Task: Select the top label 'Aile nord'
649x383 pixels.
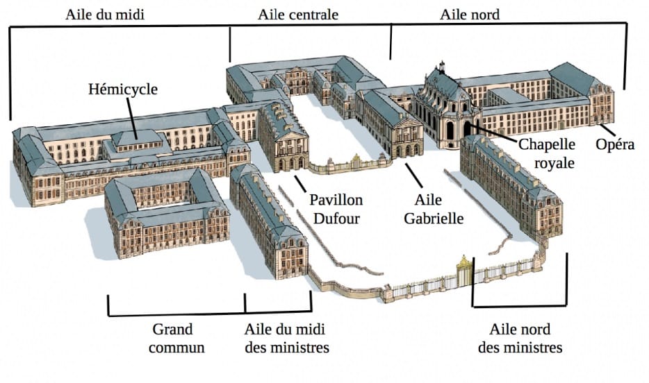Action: click(470, 15)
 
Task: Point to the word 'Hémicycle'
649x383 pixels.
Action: click(123, 90)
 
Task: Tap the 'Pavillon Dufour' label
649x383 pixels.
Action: click(336, 210)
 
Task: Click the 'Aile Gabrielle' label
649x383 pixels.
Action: click(437, 210)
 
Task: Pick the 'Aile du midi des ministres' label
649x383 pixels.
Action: click(286, 337)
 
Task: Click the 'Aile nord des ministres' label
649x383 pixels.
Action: click(520, 337)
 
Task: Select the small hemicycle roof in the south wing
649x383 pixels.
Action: click(138, 137)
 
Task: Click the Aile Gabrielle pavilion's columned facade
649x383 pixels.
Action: click(406, 139)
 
